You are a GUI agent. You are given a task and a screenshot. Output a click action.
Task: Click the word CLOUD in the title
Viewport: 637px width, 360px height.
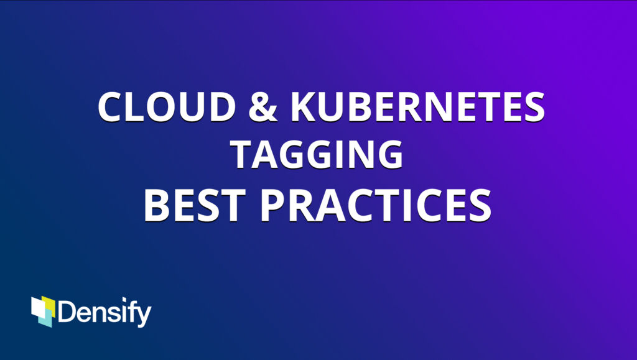point(167,106)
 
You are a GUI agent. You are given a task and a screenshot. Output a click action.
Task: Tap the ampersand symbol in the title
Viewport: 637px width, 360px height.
point(263,106)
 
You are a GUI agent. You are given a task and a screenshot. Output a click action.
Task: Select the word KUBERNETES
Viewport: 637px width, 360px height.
point(418,106)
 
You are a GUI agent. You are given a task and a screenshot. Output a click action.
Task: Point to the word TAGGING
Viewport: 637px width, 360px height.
point(317,154)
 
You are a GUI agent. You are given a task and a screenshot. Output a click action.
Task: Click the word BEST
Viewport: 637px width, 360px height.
point(195,206)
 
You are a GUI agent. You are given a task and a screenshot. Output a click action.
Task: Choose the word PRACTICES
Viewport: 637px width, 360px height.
point(376,206)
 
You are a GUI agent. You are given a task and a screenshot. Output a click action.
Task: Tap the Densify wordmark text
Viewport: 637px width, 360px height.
point(105,312)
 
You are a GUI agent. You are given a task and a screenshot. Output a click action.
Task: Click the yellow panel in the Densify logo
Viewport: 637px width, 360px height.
point(49,307)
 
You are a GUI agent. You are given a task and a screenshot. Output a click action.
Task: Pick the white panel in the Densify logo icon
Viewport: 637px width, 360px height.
point(38,308)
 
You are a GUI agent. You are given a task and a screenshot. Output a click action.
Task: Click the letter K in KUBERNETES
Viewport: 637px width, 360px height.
point(305,107)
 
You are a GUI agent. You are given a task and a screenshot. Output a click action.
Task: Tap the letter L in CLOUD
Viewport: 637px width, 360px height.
point(135,107)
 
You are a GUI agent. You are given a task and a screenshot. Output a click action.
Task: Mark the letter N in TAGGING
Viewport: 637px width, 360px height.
point(361,155)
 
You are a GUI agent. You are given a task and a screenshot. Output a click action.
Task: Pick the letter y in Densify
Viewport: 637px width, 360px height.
point(142,316)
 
